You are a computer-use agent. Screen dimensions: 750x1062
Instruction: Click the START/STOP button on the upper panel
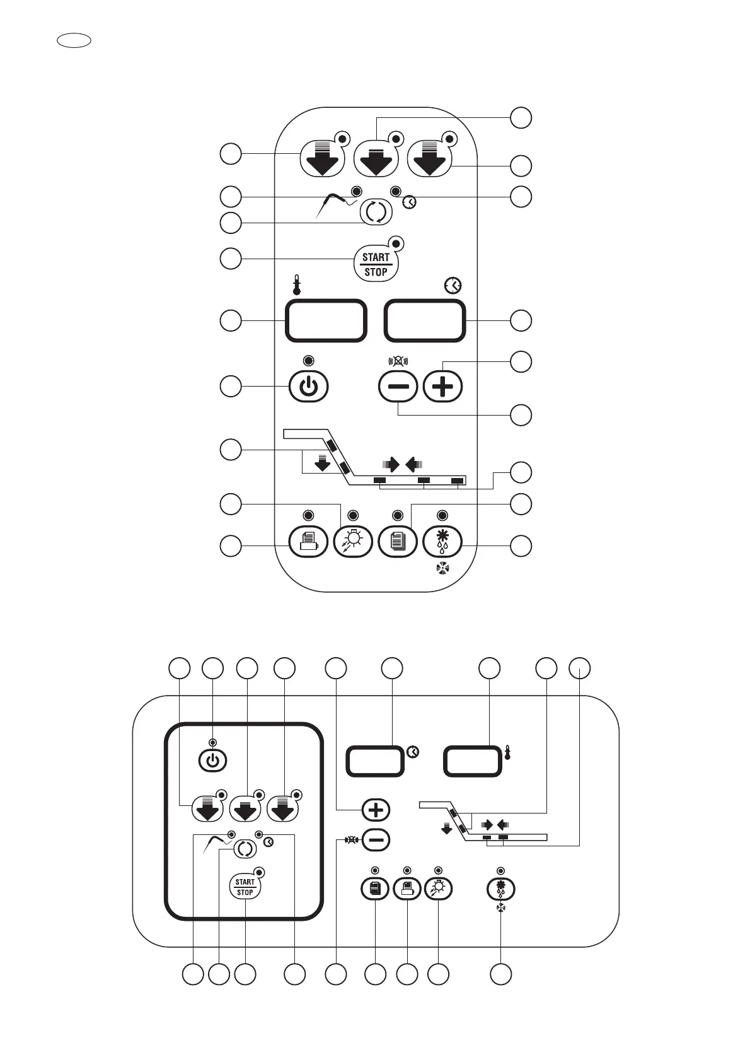376,264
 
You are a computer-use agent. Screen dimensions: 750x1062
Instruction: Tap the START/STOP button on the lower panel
245,887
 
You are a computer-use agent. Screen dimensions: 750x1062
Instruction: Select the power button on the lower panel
213,761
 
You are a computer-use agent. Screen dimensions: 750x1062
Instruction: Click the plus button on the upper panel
442,387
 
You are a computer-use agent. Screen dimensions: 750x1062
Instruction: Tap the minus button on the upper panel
398,387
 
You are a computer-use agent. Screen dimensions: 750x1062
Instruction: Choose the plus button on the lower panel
376,810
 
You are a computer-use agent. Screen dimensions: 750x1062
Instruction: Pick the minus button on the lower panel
376,839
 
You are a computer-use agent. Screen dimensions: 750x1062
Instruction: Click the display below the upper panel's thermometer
326,320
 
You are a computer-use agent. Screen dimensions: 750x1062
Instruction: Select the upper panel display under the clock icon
425,320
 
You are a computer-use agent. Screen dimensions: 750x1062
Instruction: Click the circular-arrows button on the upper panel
375,212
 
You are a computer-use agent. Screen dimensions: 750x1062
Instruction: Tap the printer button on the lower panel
407,889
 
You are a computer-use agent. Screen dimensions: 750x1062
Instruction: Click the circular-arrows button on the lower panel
245,849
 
